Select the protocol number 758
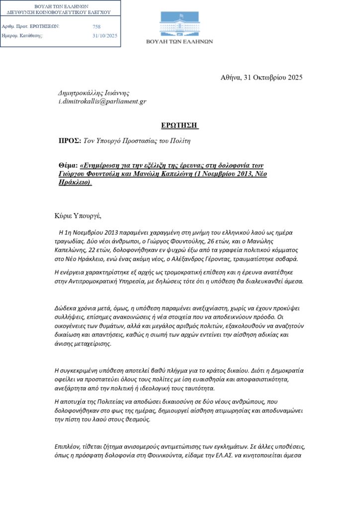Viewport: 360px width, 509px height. [x=96, y=26]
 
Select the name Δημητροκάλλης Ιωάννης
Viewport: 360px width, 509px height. [x=94, y=93]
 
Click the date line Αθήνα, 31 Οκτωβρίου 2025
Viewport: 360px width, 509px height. [x=261, y=77]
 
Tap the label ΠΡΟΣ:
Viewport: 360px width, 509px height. [x=70, y=141]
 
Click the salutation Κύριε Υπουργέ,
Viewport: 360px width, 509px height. [x=78, y=216]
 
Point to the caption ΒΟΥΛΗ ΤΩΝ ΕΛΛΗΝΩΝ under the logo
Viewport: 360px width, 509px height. [x=185, y=42]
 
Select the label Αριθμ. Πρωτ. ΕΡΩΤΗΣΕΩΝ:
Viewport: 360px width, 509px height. [x=31, y=26]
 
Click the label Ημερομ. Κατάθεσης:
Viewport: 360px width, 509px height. [x=22, y=36]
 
